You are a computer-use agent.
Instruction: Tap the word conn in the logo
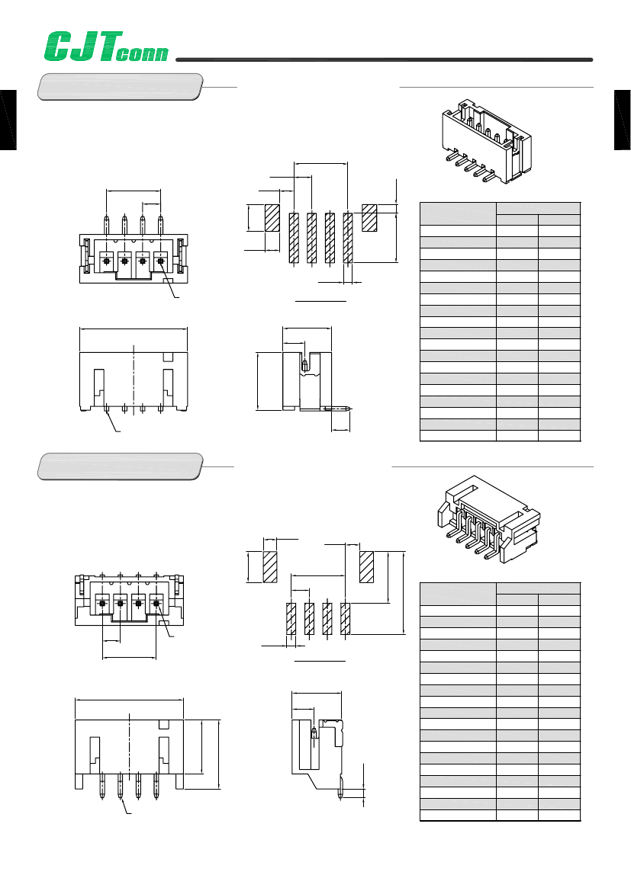142,53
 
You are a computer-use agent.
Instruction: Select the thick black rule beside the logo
384,59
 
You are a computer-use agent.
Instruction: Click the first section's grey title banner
120,87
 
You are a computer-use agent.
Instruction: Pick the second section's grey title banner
120,466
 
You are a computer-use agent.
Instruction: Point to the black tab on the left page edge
8,120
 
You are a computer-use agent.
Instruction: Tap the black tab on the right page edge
623,120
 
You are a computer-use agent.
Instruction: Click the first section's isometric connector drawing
487,140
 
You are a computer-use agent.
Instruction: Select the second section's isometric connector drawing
489,519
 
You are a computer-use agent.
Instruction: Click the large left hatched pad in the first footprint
272,218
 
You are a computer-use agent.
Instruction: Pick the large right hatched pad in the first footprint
369,218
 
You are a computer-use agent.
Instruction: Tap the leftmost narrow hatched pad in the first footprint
294,238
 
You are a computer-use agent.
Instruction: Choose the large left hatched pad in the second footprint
269,566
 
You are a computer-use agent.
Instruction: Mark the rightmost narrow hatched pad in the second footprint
346,619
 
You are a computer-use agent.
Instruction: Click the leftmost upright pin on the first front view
106,224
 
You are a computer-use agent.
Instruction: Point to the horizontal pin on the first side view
338,408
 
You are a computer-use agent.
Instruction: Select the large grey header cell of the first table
458,213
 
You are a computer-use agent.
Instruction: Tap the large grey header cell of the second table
458,594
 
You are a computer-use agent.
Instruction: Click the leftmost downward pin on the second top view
102,785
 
